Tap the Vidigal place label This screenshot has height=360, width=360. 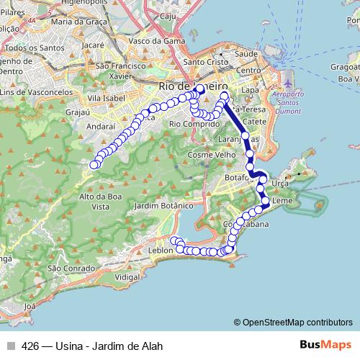pos(127,276)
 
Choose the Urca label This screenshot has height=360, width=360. pos(281,184)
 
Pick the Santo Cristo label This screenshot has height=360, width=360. pos(204,62)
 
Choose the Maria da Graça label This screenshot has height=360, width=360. pos(78,22)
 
